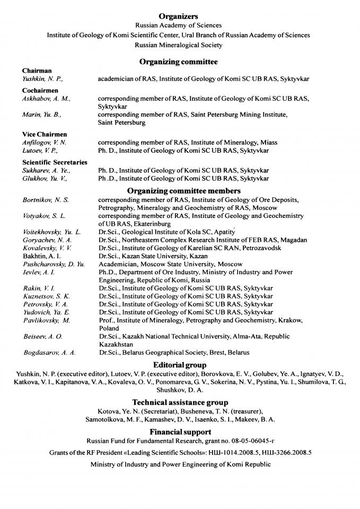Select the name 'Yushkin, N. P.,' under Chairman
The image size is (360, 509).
(42, 79)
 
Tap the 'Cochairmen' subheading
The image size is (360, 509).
(40, 91)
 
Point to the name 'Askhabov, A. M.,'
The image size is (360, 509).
(46, 99)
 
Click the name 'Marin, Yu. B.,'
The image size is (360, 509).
(42, 115)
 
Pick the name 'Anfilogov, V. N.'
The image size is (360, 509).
(45, 143)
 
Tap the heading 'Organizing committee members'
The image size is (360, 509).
(183, 190)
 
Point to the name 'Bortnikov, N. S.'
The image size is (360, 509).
(46, 200)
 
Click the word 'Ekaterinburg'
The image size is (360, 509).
(154, 224)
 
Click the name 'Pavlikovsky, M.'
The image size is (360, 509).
(47, 321)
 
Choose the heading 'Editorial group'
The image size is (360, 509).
(180, 365)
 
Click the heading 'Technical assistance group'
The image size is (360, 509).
(180, 403)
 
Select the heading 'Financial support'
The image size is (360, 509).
(180, 432)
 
